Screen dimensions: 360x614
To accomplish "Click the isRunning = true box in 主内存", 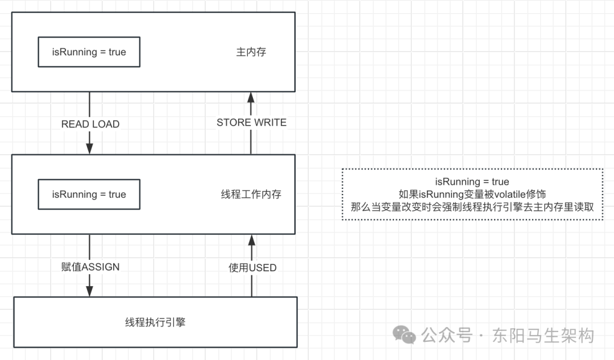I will (89, 52).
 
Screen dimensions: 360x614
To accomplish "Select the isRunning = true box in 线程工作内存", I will (89, 195).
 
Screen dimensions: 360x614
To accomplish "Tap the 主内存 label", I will (251, 52).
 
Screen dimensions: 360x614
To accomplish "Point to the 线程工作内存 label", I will (251, 195).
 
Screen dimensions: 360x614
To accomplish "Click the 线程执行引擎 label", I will (155, 322).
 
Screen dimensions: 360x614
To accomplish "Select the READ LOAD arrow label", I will (90, 124).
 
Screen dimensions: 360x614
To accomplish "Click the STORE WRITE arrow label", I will (251, 122).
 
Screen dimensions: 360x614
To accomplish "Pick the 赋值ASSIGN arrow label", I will (90, 266).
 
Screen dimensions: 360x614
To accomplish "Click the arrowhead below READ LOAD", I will (90, 149).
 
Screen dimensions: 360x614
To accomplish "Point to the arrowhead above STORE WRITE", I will (251, 97).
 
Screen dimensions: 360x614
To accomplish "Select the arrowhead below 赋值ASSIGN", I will (90, 291).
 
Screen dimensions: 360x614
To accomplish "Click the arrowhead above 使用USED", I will (251, 239).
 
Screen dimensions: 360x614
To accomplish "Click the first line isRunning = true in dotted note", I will (472, 182).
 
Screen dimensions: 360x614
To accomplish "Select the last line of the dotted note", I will (472, 207).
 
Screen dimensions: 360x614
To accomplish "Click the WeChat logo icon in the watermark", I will (405, 334).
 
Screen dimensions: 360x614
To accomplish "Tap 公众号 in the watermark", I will (447, 335).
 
